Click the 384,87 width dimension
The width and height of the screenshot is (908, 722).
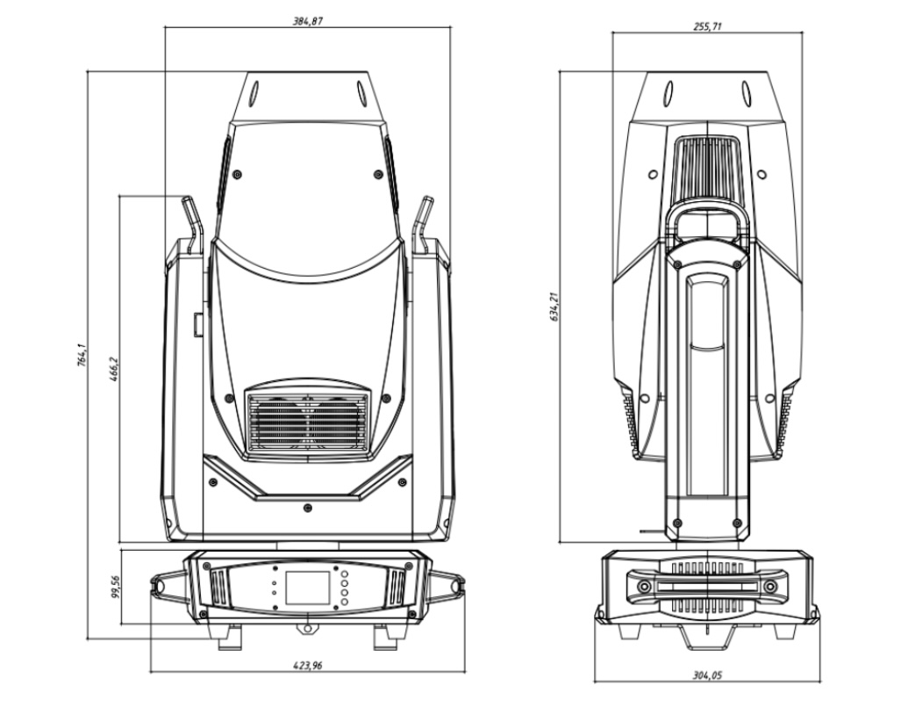[307, 20]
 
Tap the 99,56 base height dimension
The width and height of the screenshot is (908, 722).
[115, 586]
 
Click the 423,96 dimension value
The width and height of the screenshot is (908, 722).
[307, 666]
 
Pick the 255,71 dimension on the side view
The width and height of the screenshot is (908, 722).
[707, 26]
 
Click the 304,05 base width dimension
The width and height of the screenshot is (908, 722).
[707, 675]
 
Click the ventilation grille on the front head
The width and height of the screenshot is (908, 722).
[307, 422]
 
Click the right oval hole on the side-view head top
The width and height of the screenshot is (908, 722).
[746, 90]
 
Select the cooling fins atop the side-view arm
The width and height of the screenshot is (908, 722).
[706, 168]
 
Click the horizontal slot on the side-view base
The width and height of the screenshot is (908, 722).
[707, 586]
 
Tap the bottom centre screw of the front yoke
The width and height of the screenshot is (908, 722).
[306, 508]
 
